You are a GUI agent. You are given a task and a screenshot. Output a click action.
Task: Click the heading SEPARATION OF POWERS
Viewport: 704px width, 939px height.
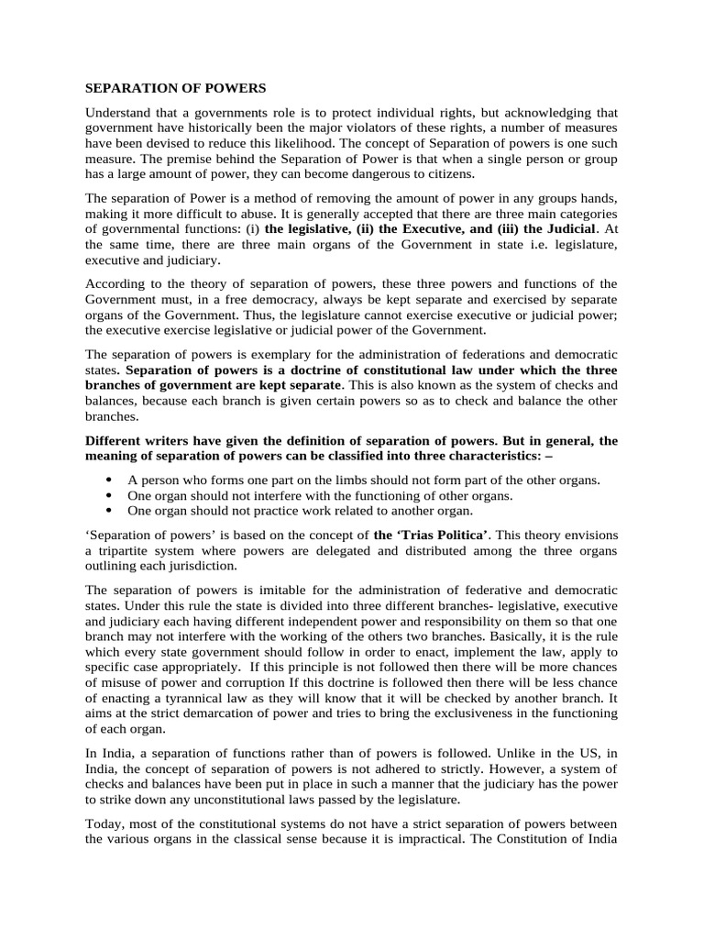[175, 89]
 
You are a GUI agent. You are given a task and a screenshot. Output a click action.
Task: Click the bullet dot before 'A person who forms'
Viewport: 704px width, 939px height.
[110, 480]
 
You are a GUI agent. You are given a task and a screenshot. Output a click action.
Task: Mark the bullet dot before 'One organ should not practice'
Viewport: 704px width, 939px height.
[110, 511]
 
